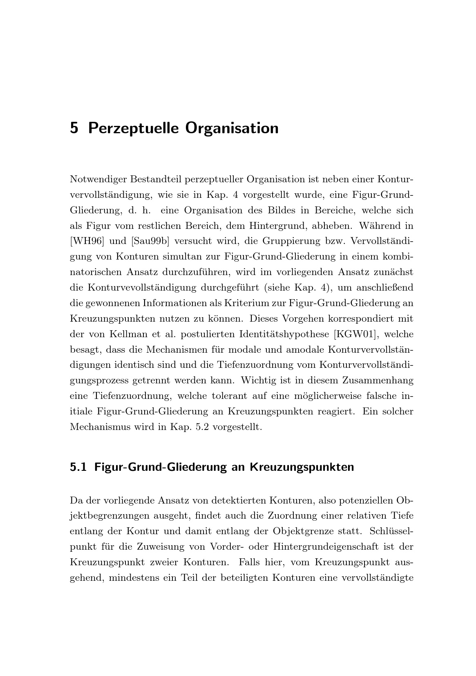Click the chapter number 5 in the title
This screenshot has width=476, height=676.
74,128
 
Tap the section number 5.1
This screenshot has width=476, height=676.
78,467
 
